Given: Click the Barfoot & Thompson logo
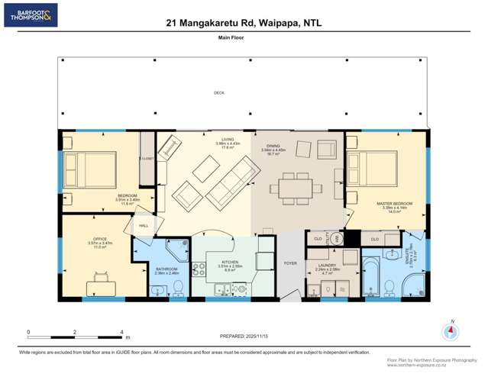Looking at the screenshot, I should click(x=31, y=15).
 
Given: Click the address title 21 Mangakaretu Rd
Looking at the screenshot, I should click(x=244, y=24).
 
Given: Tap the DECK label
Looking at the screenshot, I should click(x=219, y=93).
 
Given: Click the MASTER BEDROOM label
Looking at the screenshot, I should click(x=394, y=204).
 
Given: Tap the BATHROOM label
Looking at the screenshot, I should click(x=166, y=269).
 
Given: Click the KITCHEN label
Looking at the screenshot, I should click(x=230, y=261).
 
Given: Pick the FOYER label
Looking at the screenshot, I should click(x=290, y=263).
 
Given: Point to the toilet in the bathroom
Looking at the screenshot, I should click(x=178, y=287).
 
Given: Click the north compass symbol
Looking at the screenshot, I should click(x=451, y=331).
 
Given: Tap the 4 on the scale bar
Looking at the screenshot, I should click(x=121, y=332).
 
